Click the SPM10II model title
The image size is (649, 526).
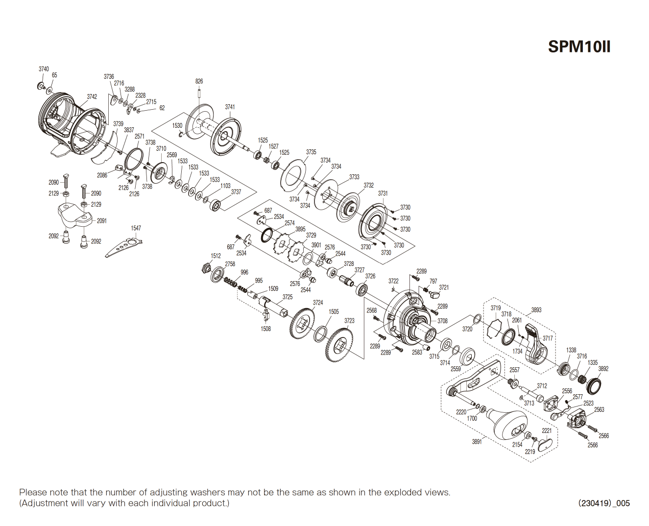[x=579, y=47]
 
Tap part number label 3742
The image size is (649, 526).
[x=92, y=96]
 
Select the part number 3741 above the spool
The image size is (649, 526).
[x=230, y=107]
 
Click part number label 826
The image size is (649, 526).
[x=199, y=81]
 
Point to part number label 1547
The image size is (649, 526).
[x=136, y=228]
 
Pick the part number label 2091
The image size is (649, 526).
[x=101, y=221]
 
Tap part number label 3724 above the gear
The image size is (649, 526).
[x=318, y=303]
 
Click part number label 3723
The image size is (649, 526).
[x=349, y=321]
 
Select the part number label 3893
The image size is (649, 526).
[x=536, y=310]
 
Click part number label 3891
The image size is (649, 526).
[x=477, y=442]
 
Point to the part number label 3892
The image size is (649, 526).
[x=603, y=369]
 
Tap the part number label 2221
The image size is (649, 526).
[x=547, y=430]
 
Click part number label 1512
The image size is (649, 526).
[x=216, y=256]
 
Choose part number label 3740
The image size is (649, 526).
[x=44, y=69]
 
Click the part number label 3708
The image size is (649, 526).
[x=442, y=321]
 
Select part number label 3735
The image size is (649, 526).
[x=311, y=152]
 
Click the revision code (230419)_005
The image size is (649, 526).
[x=603, y=503]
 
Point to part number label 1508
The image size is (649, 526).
[x=265, y=329]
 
